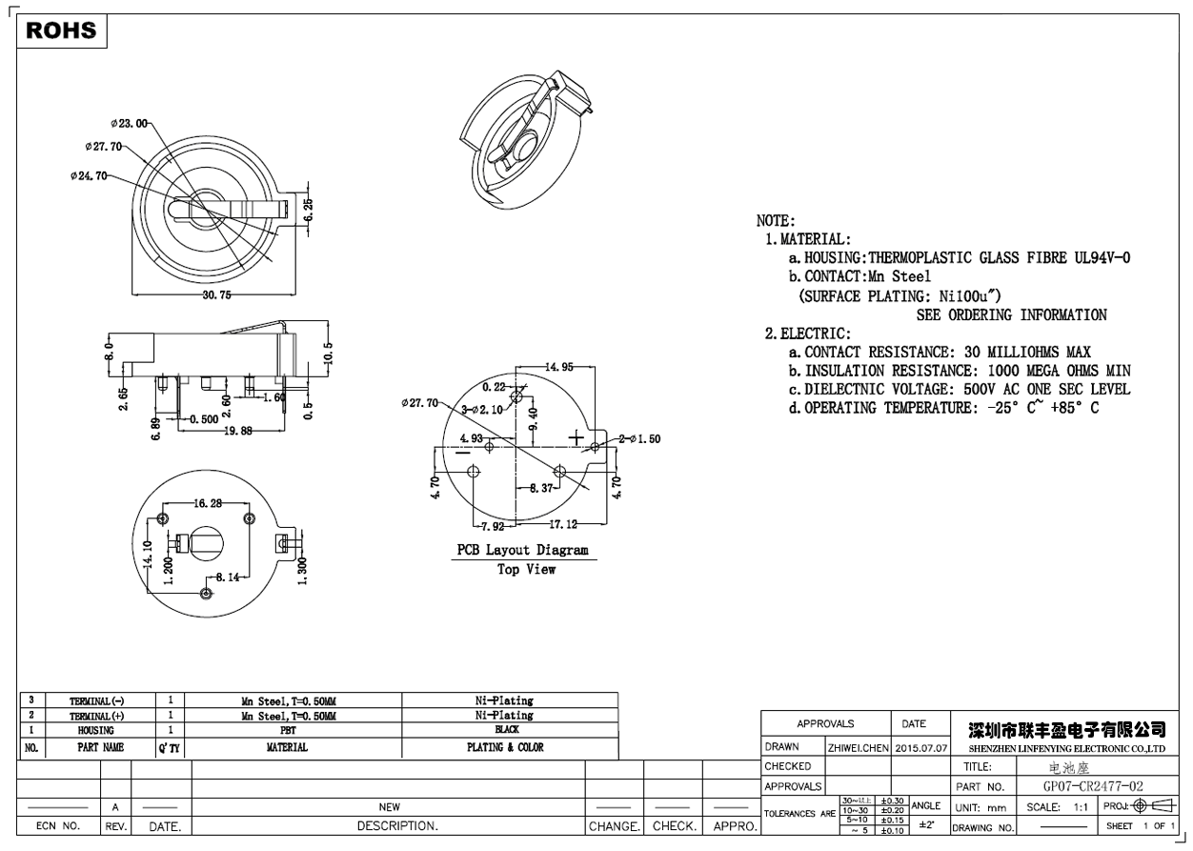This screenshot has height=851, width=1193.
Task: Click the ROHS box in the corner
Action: [x=62, y=31]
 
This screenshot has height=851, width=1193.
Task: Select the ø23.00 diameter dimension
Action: [x=130, y=123]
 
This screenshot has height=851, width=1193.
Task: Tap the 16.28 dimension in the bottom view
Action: [x=208, y=503]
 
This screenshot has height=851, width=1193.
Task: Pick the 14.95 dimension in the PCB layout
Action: [x=558, y=367]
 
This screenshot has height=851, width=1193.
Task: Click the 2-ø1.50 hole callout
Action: [x=639, y=439]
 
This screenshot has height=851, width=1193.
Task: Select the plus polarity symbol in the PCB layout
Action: [x=576, y=436]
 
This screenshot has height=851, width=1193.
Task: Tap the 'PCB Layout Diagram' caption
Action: [x=522, y=551]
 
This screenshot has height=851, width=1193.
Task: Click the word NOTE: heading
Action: [x=776, y=221]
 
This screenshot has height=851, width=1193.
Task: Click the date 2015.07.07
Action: [x=921, y=748]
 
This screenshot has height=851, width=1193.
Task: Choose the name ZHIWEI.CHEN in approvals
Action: [x=858, y=748]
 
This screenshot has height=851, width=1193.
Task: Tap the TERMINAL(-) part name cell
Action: [x=95, y=701]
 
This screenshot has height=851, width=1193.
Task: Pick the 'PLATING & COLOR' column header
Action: [x=505, y=748]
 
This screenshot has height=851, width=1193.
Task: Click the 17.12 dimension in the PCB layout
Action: [x=561, y=525]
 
